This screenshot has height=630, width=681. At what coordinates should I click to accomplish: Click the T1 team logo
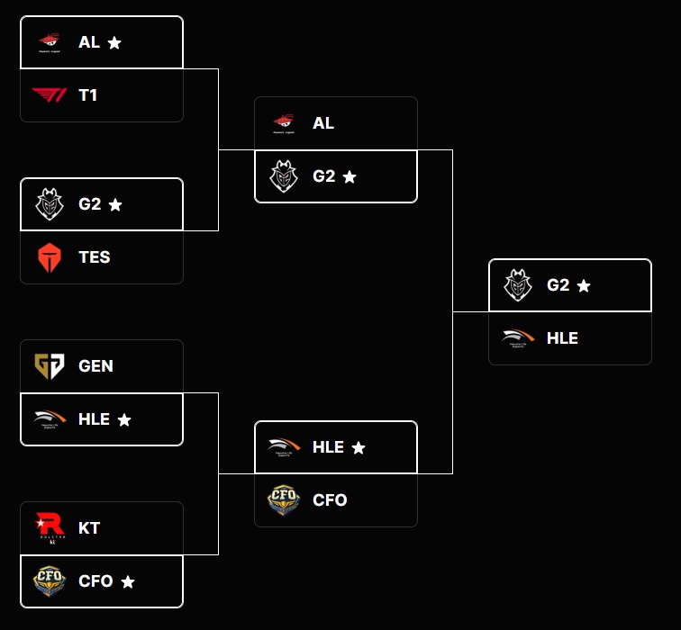coord(49,94)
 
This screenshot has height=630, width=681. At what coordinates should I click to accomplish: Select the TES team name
coord(94,257)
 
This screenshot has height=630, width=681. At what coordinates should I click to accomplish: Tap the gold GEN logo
coord(49,365)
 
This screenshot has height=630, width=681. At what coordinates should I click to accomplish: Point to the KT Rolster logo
coord(49,528)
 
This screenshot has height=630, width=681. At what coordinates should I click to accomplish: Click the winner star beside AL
coord(114,42)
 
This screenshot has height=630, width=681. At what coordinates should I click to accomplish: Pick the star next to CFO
coord(128,582)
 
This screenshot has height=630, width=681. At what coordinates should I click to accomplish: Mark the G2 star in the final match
coord(584,285)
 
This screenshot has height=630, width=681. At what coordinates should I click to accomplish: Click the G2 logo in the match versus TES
coord(49,204)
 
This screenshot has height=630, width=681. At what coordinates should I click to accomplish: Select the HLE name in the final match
coord(562,338)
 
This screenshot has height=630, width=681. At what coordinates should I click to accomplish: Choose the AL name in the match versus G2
coord(323,123)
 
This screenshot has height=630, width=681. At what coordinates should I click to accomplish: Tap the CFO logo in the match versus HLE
coord(283,500)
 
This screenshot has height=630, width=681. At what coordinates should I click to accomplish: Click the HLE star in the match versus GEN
coord(124,420)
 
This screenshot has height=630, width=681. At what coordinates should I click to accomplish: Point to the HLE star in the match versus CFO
coord(359,447)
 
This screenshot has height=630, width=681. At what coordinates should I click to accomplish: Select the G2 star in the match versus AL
coord(350,177)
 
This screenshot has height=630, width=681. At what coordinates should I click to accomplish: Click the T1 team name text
coord(88,95)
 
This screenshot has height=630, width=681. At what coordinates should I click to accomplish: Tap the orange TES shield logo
coord(49,257)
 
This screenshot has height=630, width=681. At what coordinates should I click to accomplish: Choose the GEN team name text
coord(95,366)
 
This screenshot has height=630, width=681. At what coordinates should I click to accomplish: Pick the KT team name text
coord(89,528)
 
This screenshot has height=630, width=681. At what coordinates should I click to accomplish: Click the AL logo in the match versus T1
coord(49,41)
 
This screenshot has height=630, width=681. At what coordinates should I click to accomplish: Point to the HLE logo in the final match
coord(517,338)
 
